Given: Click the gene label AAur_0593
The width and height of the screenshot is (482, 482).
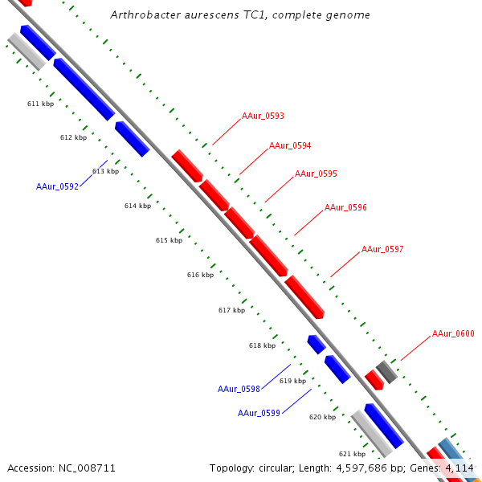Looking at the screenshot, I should [263, 116].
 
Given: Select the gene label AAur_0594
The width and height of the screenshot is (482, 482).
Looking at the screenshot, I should [290, 145].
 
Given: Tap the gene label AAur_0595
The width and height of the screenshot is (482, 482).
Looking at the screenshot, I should [316, 174].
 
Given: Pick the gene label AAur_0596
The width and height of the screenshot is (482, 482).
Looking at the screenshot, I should [345, 207].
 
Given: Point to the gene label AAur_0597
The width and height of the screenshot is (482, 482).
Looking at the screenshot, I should [382, 249].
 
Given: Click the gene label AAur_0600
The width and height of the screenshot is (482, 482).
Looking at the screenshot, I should [453, 333].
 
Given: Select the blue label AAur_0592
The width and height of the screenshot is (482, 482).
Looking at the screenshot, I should [57, 186].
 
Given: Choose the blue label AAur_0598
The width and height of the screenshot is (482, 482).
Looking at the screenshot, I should [239, 389].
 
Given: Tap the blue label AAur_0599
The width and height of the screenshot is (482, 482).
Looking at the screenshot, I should [259, 413].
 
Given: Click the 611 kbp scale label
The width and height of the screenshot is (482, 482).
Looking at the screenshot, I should [40, 104].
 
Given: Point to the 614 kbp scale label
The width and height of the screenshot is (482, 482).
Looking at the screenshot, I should [137, 206].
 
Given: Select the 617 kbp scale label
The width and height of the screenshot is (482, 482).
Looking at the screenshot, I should [231, 310].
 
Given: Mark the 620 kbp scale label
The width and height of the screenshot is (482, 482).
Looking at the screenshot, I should [322, 417].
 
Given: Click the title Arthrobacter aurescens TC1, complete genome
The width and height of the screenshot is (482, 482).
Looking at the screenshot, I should [240, 14].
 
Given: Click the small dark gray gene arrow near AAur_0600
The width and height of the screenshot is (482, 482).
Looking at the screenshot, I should [386, 371].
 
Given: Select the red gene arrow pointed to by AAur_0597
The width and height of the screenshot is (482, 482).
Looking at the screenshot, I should [304, 296].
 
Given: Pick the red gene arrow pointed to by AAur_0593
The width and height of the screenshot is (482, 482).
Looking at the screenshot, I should [186, 165].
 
